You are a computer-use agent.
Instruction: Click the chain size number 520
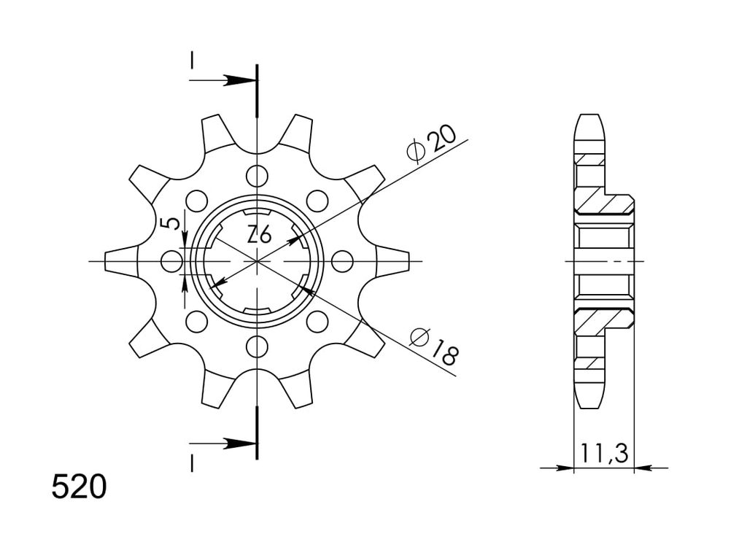79,486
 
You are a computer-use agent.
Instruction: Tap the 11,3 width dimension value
604,453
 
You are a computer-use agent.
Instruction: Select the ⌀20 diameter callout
432,144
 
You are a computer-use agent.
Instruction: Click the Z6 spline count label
259,236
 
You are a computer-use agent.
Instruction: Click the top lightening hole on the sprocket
258,177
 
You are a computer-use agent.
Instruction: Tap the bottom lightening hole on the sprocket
258,347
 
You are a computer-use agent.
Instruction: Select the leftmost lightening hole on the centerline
172,261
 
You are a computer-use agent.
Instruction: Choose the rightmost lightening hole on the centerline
342,261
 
